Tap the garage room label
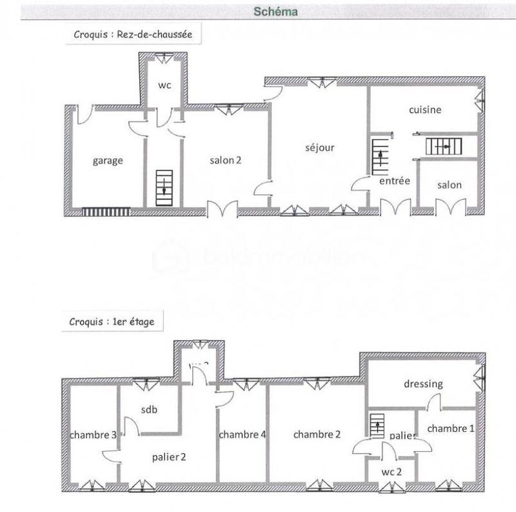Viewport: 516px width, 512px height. coord(107,161)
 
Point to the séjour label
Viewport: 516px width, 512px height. coord(319,148)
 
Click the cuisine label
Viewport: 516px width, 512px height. coord(425,110)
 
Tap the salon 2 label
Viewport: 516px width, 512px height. coord(225,161)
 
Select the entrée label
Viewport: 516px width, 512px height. coord(395,181)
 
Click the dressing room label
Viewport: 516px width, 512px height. coord(423,384)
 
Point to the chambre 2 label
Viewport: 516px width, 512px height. coord(317,435)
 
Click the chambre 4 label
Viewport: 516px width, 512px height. coord(243,435)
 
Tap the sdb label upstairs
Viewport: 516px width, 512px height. coord(150,409)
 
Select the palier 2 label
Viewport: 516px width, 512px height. coord(169,457)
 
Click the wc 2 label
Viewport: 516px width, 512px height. coord(392,471)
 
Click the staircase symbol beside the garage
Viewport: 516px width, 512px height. coord(164,185)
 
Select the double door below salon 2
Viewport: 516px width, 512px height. coord(223,210)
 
